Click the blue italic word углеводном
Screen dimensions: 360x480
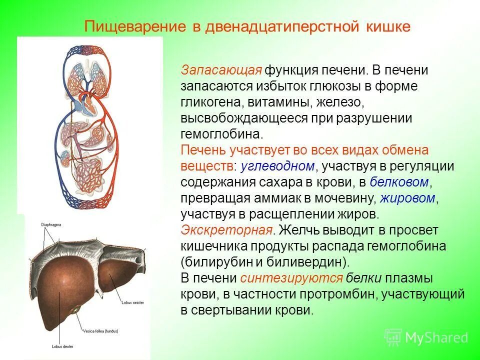click(278, 165)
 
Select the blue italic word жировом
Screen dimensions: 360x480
click(407, 197)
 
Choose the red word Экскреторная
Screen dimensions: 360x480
click(227, 230)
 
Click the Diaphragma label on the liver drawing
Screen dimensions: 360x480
click(51, 225)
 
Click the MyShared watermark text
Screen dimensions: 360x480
click(436, 337)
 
